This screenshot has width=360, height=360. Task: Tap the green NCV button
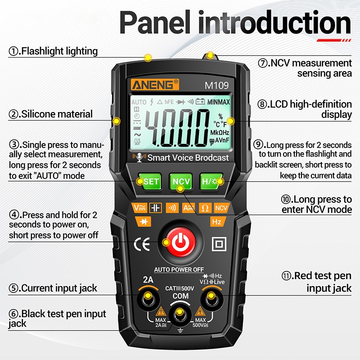coord(181,182)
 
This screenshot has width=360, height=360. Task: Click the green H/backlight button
coord(211,182)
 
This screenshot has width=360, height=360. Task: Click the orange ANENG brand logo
coord(155,85)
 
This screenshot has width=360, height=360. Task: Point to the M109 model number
coord(216,85)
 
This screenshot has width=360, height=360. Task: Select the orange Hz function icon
coord(217,221)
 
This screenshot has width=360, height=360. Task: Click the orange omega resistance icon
coord(205,208)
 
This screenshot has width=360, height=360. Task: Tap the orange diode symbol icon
coord(144,221)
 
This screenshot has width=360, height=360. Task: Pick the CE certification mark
coord(142,244)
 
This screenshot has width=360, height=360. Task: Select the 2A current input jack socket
coord(148,298)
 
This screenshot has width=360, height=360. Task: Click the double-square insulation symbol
coord(219,244)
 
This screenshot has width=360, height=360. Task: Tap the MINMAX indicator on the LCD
coord(218,102)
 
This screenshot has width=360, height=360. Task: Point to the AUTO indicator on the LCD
coord(139,102)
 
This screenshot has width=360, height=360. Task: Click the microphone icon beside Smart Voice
coord(139,157)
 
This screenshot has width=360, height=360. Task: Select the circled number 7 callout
coord(263,63)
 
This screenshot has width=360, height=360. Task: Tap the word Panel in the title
coord(155,22)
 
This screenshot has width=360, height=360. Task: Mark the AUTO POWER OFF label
coord(179,270)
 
